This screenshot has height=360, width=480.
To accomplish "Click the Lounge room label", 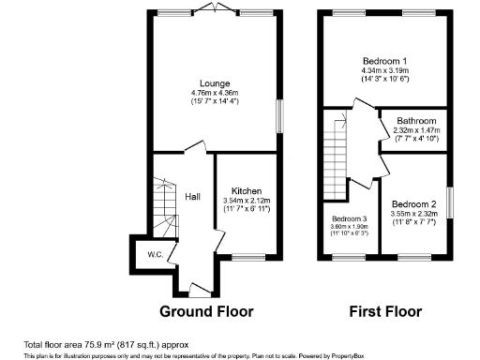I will [214, 82].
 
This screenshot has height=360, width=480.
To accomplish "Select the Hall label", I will [192, 197].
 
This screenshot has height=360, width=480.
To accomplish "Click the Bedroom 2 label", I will [413, 204].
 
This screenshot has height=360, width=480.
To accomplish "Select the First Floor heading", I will [382, 310].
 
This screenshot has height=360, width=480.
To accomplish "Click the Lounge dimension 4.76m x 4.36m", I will [214, 93].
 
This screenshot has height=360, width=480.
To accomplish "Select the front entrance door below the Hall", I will [194, 285].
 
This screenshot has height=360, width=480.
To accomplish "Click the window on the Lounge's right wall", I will [278, 116].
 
